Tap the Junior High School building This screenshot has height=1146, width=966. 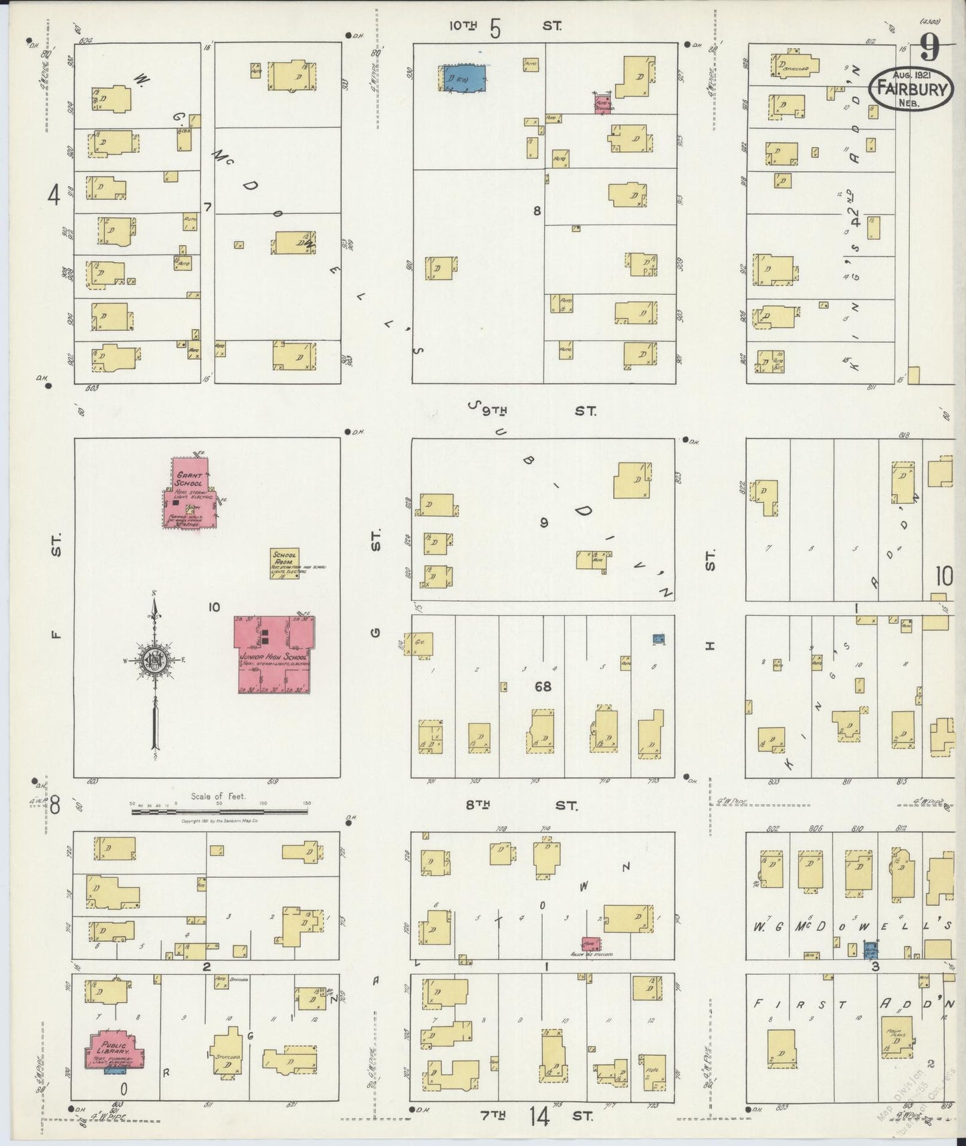274,654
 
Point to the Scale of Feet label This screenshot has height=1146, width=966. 218,796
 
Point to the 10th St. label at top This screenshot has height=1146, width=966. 505,27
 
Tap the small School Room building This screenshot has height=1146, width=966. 285,564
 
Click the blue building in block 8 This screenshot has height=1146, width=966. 464,78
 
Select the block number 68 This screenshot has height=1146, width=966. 543,685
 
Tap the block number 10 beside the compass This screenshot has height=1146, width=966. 214,607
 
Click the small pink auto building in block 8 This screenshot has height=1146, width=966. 603,103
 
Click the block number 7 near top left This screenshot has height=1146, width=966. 207,208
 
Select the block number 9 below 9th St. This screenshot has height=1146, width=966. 544,522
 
